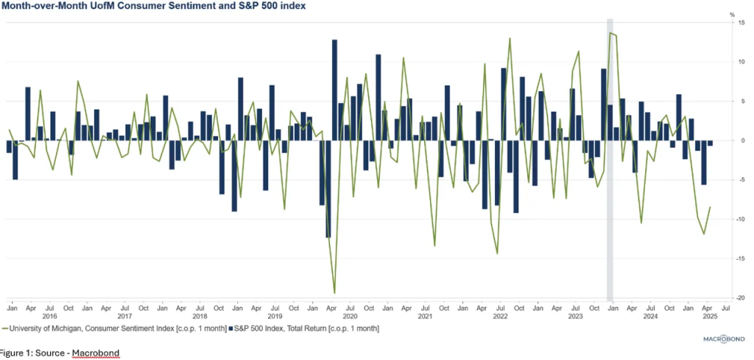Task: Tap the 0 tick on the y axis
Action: click(733, 140)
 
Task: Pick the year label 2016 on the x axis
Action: click(49, 316)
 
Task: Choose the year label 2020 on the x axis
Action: click(350, 316)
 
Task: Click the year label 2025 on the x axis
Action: click(711, 316)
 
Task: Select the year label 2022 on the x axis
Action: click(500, 316)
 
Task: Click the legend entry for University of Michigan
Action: click(114, 328)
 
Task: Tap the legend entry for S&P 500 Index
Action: click(306, 328)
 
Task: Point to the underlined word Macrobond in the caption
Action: click(95, 353)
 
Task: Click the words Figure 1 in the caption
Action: click(16, 353)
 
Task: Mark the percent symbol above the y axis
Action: click(732, 14)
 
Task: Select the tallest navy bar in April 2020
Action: click(334, 88)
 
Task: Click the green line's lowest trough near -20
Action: click(334, 293)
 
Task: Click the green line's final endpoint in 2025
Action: click(710, 207)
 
